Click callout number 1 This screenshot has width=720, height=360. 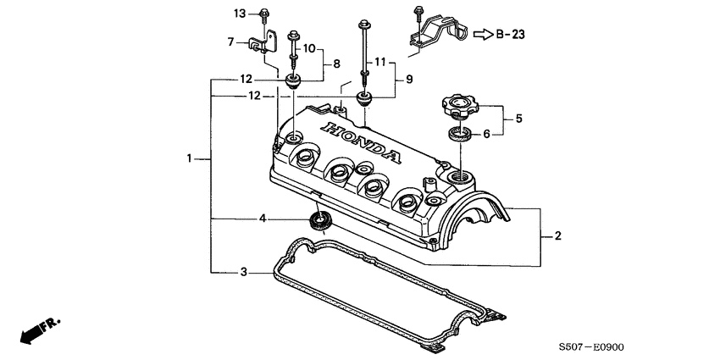pos(191,158)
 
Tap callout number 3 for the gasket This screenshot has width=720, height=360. pos(243,272)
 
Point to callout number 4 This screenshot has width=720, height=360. pos(263,219)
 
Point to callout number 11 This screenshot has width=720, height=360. pos(379,62)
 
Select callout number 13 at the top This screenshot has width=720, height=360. pos(240,13)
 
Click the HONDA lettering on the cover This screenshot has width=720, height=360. pos(360,141)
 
